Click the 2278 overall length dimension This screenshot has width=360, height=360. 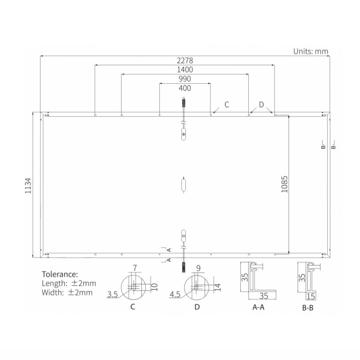pos(185,61)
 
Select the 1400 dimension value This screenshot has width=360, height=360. pos(185,70)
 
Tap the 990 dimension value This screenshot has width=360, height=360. pos(185,79)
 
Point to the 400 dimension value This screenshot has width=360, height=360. pos(185,88)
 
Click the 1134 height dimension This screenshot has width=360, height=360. pos(28,185)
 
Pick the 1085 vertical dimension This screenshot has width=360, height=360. pos(284,184)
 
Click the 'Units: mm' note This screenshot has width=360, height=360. pos(311,51)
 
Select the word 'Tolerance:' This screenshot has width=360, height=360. pos(60,274)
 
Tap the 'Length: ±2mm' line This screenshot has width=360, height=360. pos(69,283)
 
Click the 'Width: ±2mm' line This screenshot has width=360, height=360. pos(67,292)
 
